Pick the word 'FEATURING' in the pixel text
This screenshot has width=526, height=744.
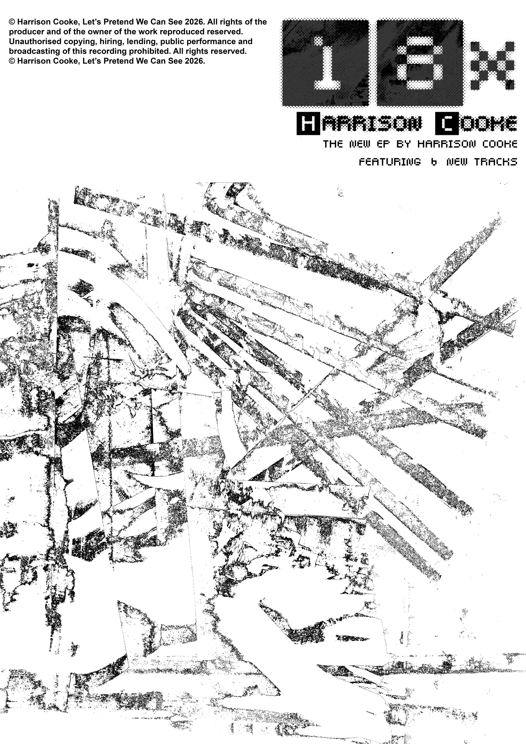[390, 162]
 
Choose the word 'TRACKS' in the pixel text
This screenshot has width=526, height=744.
[496, 162]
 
